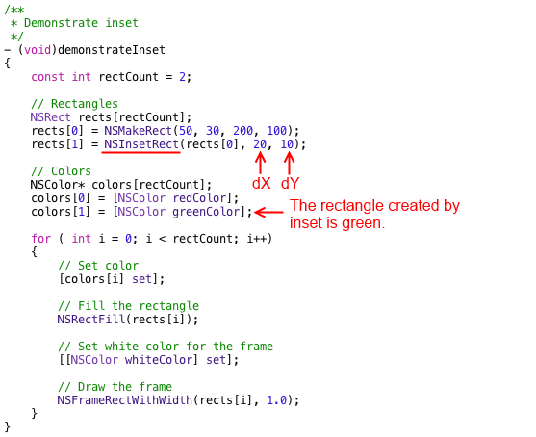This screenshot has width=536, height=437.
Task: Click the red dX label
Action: click(261, 184)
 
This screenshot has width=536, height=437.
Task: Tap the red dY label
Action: click(290, 184)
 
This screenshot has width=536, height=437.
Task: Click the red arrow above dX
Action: click(260, 163)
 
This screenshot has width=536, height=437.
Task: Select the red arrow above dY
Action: click(290, 163)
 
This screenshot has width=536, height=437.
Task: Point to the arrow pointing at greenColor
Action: click(268, 213)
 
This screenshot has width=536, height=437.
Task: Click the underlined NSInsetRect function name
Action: click(141, 144)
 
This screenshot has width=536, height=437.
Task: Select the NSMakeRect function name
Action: click(139, 131)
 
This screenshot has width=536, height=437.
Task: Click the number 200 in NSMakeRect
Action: click(243, 131)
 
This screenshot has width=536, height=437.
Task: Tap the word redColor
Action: click(199, 198)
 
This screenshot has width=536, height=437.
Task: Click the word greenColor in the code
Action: click(206, 212)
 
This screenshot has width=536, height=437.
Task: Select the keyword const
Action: click(47, 77)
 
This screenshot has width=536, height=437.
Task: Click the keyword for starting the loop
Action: click(41, 239)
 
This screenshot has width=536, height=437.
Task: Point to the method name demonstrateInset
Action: click(112, 50)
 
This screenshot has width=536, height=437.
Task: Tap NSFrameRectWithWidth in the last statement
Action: click(125, 400)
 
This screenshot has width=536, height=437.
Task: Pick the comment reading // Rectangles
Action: click(74, 104)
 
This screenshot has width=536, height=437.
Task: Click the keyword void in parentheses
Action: click(38, 50)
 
